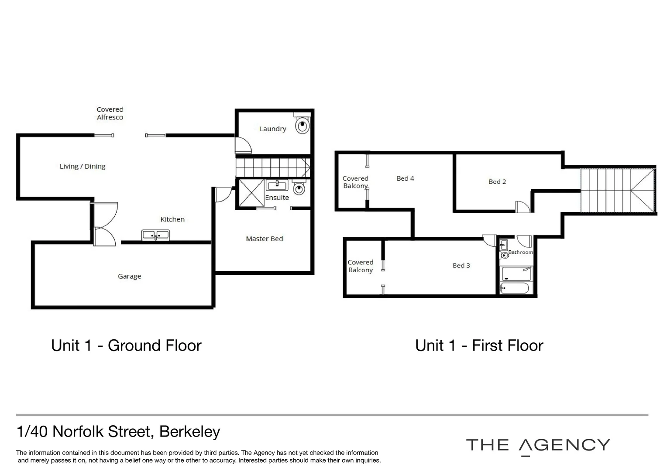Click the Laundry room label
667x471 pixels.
coord(272,129)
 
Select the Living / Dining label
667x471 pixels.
coord(83,166)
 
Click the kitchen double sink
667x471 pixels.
coord(155,235)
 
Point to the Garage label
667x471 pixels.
coord(129,276)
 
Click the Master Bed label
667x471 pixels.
coord(264,239)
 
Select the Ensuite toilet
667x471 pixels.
coord(299,188)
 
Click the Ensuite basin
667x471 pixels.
coord(277,186)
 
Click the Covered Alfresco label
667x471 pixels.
coord(110,113)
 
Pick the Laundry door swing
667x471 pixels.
coord(243,145)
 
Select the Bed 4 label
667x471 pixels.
coord(405,178)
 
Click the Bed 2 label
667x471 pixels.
coord(497,182)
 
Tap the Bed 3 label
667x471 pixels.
coord(461,266)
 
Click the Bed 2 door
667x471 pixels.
coord(522,207)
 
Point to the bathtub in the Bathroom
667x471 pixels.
coord(515,288)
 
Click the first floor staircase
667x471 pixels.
coord(617,191)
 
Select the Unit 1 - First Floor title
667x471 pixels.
coord(479,345)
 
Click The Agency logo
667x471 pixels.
coord(538,445)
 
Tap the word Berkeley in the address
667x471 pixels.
coord(189,431)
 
